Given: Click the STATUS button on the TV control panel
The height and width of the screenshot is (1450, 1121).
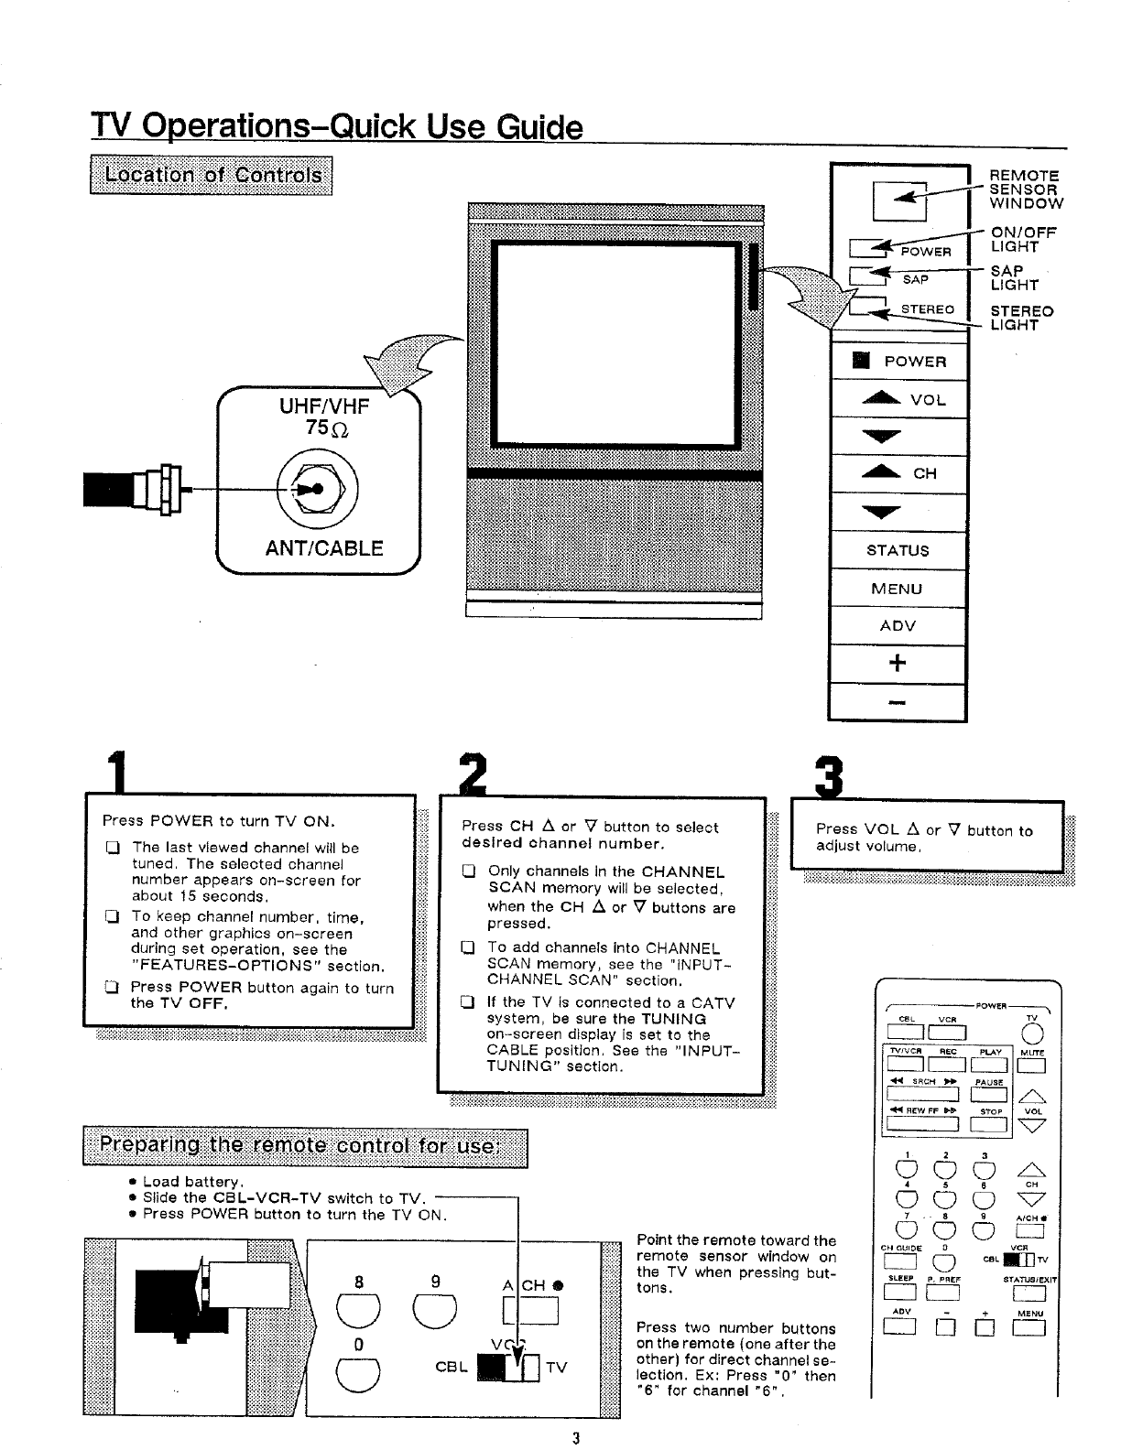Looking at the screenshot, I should (898, 550).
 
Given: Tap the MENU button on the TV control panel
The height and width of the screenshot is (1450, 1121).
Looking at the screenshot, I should (898, 589).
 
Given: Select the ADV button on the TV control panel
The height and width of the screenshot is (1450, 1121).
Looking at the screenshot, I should (898, 626).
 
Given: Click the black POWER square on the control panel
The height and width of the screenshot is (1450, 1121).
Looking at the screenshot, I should (860, 361).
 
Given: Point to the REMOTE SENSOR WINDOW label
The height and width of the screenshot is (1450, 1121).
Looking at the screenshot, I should (1025, 189).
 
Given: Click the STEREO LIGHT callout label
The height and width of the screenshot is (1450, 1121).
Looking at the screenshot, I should (1022, 318).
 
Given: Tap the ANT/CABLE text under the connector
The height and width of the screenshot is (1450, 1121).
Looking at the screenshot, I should (324, 548).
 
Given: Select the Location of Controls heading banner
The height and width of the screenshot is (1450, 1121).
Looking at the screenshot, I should (212, 175).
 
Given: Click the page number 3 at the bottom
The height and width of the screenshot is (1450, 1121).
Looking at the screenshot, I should (575, 1436).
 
